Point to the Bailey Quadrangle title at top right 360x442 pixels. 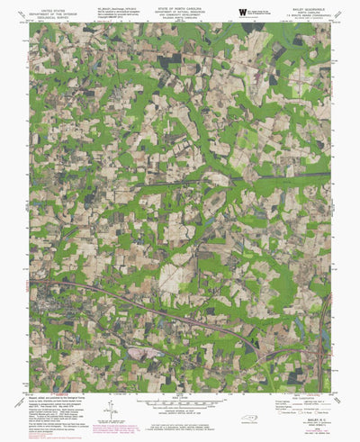(x=306, y=6)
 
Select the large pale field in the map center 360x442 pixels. (x=171, y=275)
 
